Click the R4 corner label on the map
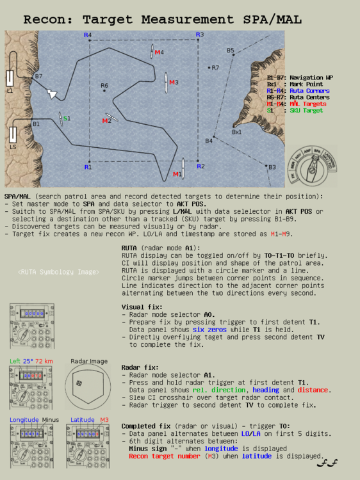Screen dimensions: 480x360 [88, 35]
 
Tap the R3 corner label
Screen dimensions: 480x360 [200, 35]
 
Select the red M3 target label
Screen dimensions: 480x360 [174, 82]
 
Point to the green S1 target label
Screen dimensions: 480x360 [67, 118]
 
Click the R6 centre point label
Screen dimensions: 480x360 [104, 85]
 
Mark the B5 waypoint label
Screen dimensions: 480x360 [231, 51]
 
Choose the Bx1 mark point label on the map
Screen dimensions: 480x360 [236, 132]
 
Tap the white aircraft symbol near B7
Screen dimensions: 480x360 [53, 93]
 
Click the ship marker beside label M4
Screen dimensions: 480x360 [152, 52]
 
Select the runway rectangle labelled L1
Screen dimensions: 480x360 [10, 79]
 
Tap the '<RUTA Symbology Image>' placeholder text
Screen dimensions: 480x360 [59, 272]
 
